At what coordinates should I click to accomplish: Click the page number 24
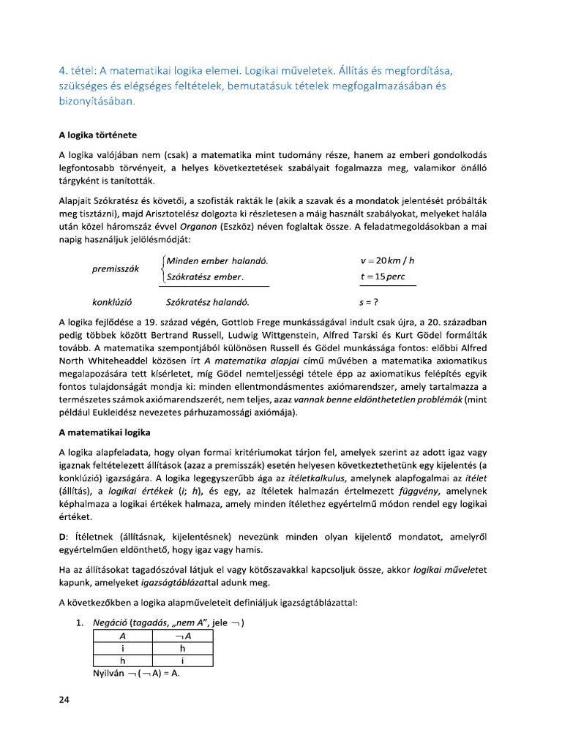[64, 701]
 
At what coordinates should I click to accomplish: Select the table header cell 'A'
[122, 637]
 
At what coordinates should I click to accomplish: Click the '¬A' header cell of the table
[182, 637]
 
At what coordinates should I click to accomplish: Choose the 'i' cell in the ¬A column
[182, 660]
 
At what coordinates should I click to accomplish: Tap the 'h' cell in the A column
[122, 660]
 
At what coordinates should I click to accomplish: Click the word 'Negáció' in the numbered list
[108, 623]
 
